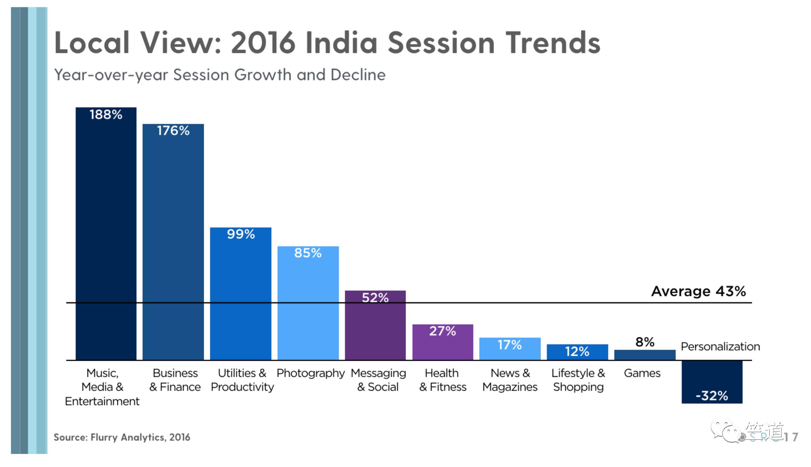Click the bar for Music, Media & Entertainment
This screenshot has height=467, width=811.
coord(106,233)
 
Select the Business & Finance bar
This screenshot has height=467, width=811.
coord(173,242)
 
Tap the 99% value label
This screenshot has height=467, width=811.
coord(241,234)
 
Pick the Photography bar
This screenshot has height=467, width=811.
coord(308,303)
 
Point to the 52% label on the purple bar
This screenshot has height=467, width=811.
coord(375,298)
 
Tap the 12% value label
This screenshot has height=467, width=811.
coord(577,352)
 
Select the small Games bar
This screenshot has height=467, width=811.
coord(644,355)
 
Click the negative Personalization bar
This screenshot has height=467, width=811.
coord(712,381)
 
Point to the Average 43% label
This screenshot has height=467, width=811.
coord(698,291)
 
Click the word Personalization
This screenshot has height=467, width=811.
coord(720,346)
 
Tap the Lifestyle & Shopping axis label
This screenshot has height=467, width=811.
coord(578,380)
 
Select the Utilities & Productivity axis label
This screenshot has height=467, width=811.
coord(242,380)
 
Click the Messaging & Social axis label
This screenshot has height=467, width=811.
coord(378,380)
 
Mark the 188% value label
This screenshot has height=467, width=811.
coord(106,114)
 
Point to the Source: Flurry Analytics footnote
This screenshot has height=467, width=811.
coord(122,437)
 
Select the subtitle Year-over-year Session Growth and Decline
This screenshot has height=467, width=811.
coord(220,75)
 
